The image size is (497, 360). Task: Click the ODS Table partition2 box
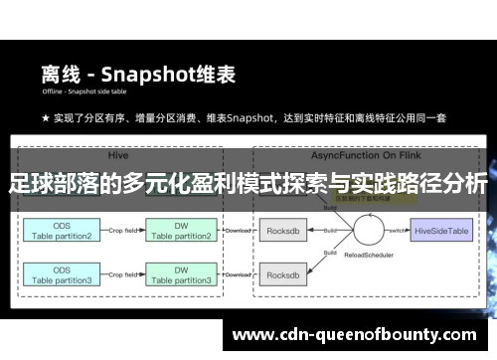(61, 232)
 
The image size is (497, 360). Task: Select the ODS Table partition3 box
(61, 275)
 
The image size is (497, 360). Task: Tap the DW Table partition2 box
(180, 232)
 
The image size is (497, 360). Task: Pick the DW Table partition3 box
(180, 275)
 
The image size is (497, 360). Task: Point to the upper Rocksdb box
(285, 232)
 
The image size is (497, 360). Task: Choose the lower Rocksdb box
(285, 275)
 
